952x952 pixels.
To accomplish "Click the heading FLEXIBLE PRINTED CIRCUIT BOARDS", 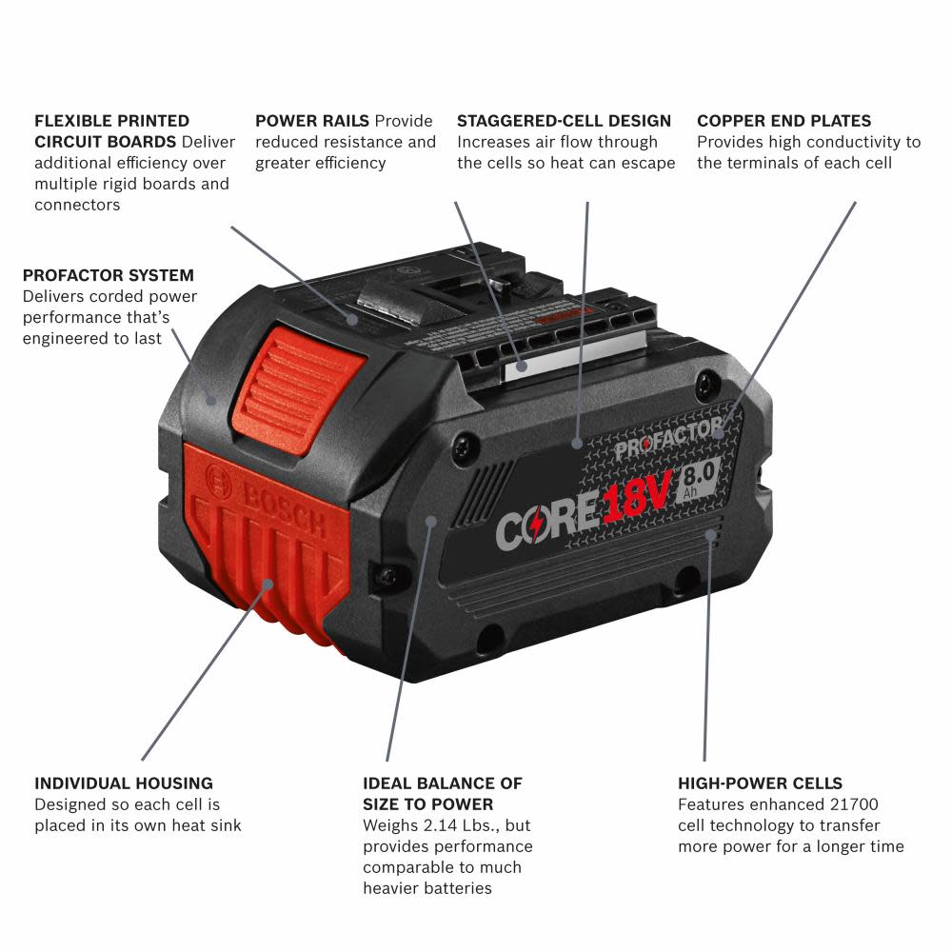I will pyautogui.click(x=111, y=131).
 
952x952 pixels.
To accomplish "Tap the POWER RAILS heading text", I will pyautogui.click(x=311, y=121).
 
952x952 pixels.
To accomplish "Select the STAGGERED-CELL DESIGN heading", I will pyautogui.click(x=564, y=121).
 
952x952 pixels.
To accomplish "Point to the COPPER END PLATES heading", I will pyautogui.click(x=783, y=121).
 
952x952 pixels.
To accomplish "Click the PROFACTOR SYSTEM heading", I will pyautogui.click(x=108, y=275).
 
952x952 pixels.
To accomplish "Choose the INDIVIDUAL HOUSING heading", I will pyautogui.click(x=124, y=783).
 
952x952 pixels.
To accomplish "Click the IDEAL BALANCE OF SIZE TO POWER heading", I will pyautogui.click(x=442, y=794).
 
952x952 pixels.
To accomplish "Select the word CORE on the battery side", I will pyautogui.click(x=546, y=526).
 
